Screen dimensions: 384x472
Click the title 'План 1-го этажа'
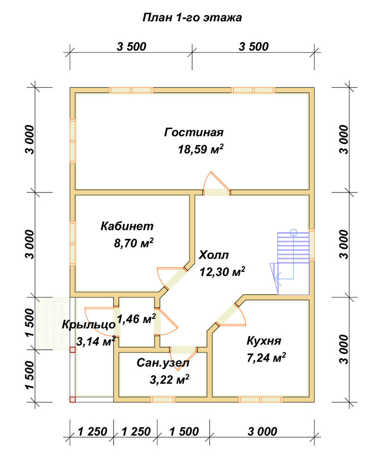pyautogui.click(x=192, y=18)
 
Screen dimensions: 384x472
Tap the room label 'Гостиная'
pyautogui.click(x=194, y=133)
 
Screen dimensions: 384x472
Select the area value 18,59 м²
pyautogui.click(x=201, y=149)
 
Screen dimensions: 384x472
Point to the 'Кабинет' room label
pyautogui.click(x=127, y=226)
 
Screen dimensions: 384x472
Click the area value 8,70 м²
pyautogui.click(x=134, y=243)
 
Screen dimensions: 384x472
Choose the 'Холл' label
pyautogui.click(x=213, y=255)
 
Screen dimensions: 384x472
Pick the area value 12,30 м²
pyautogui.click(x=222, y=272)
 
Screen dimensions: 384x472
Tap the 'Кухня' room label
pyautogui.click(x=264, y=341)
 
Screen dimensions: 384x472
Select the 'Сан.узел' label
pyautogui.click(x=163, y=363)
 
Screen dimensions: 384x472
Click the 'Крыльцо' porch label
pyautogui.click(x=89, y=325)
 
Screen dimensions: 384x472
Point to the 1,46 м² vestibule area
pyautogui.click(x=136, y=319)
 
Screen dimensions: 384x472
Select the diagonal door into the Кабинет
pyautogui.click(x=171, y=278)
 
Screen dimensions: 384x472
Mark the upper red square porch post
pyautogui.click(x=73, y=349)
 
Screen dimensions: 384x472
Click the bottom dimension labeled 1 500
pyautogui.click(x=184, y=431)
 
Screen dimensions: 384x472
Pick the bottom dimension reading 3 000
pyautogui.click(x=262, y=431)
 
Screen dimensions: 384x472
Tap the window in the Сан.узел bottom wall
pyautogui.click(x=163, y=399)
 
